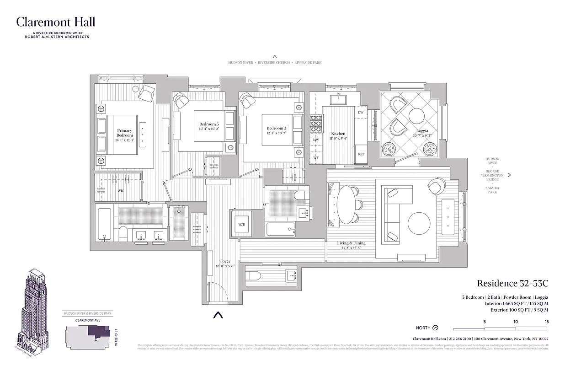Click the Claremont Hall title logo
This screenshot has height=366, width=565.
56,22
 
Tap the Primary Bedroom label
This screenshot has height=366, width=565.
124,133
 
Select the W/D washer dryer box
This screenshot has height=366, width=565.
241,225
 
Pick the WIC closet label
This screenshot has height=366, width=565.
121,190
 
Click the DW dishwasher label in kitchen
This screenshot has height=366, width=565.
361,113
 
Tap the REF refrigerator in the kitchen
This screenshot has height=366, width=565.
361,155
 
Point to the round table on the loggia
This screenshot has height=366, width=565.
417,116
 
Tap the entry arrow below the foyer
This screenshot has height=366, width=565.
219,315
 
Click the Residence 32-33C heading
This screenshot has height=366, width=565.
512,284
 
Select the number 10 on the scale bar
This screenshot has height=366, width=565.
516,322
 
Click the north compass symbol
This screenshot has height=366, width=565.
436,328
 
